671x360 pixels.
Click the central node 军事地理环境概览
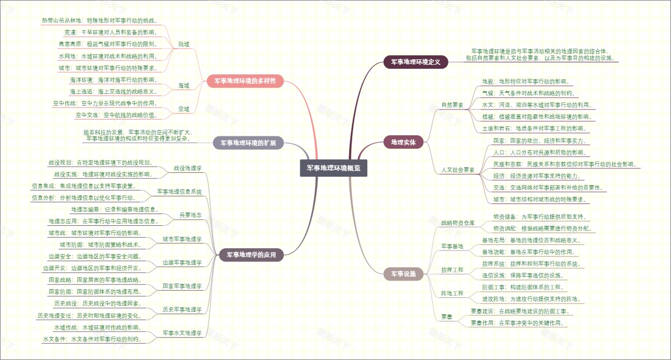[x=334, y=168]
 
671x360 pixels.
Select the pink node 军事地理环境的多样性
[x=245, y=81]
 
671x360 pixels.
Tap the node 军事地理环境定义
[x=416, y=62]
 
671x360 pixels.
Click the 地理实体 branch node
[x=403, y=142]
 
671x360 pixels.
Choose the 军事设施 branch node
[x=403, y=274]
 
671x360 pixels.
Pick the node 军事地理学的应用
[x=252, y=255]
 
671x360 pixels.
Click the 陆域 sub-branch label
[x=183, y=44]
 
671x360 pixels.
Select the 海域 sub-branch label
[x=183, y=86]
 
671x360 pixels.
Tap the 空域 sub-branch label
[x=183, y=109]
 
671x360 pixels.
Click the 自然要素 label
[x=452, y=105]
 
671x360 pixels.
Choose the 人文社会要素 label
[x=457, y=169]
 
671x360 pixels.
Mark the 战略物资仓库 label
[x=457, y=222]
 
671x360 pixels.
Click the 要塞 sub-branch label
[x=446, y=317]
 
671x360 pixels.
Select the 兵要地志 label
[x=190, y=215]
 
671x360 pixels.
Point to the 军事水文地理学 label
[x=182, y=333]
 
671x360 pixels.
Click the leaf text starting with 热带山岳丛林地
[x=100, y=21]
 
